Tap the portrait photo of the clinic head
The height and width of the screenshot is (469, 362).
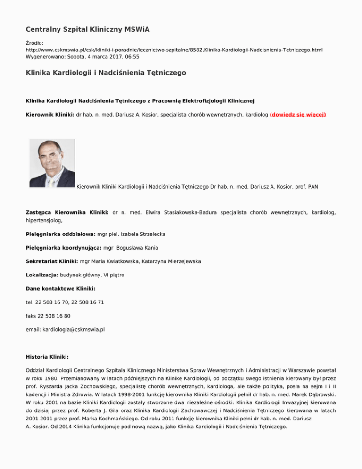pyautogui.click(x=52, y=163)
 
